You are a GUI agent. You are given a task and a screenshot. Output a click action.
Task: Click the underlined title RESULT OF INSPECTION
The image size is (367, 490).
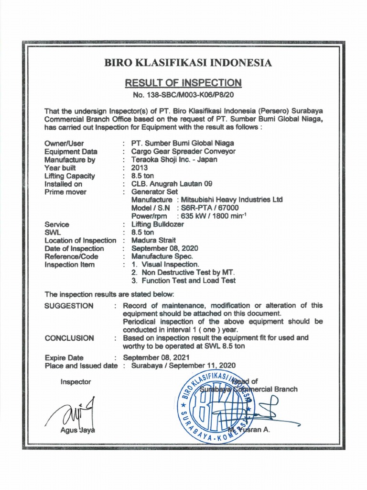pos(183,83)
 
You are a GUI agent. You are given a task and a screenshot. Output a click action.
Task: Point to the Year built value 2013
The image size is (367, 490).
pos(140,167)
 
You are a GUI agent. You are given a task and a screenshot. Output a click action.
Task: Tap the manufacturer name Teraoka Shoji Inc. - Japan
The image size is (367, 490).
pos(174,159)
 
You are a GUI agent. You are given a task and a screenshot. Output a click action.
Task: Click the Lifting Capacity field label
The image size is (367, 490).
pos(69,176)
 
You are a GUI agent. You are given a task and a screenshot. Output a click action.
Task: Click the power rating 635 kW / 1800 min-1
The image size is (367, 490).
pos(215,216)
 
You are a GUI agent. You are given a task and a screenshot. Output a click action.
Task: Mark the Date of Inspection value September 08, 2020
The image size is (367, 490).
pos(164,248)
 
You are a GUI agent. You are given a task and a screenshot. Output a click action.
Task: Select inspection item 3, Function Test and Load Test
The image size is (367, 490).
pos(183,280)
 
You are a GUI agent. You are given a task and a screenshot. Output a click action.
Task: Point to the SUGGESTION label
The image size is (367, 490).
pos(69,306)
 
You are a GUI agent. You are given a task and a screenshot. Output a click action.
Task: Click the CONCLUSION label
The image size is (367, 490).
pos(69,338)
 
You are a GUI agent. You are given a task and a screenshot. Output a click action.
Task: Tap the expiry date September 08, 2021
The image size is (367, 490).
pos(156,357)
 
